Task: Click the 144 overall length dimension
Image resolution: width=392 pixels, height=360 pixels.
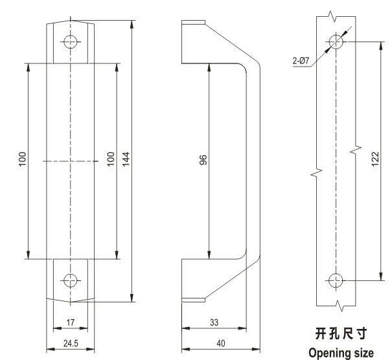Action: point(126,159)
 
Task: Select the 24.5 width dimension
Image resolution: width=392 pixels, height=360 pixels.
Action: point(71,343)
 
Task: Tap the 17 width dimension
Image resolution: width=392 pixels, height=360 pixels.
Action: point(71,322)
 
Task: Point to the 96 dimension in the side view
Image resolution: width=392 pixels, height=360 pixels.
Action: point(203,160)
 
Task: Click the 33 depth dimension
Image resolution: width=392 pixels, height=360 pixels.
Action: point(214,322)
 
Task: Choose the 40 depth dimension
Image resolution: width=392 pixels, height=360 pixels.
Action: point(221,343)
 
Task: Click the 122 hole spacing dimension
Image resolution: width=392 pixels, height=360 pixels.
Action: point(376,159)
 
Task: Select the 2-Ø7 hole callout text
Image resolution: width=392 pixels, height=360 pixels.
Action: point(301,61)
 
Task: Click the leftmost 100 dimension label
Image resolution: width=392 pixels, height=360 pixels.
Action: point(23,159)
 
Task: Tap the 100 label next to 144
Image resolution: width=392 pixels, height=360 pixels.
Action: point(111,159)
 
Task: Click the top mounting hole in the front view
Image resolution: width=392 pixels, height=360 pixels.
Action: point(71,41)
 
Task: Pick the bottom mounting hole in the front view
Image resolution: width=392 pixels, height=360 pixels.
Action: point(71,280)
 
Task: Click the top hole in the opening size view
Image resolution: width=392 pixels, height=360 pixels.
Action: point(336,41)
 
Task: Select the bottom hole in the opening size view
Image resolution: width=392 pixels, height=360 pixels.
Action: point(336,280)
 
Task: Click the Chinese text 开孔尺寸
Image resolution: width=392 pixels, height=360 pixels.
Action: point(341,333)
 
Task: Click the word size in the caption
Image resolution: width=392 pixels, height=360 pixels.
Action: point(363,353)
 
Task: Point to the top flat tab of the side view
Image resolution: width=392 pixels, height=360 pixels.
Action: point(194,22)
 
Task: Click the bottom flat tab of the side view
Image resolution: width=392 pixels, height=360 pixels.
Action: point(194,300)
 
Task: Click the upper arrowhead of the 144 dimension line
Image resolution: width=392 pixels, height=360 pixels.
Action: point(132,25)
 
